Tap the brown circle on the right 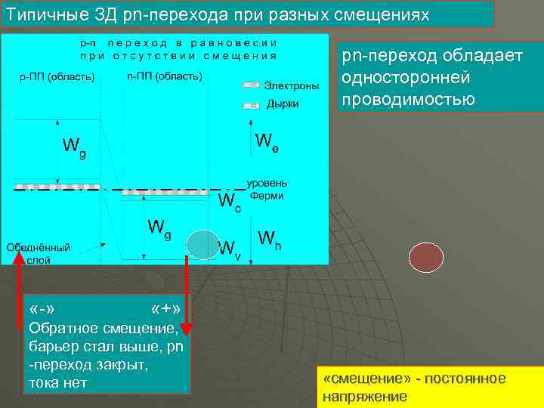425,258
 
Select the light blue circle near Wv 202,245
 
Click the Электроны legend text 291,86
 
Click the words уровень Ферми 268,190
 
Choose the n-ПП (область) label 165,77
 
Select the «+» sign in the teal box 164,310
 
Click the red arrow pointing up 20,287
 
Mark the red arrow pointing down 187,295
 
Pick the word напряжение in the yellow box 364,397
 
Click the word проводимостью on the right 408,100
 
